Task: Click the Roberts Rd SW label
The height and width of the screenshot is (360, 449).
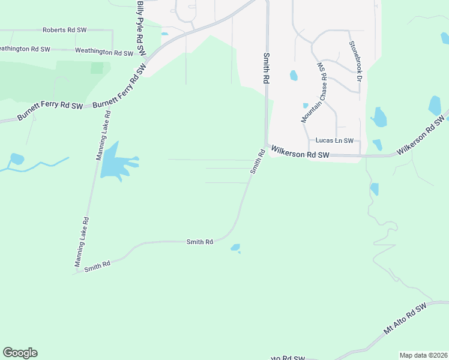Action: click(64, 29)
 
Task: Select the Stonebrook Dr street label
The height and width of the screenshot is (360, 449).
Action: click(356, 62)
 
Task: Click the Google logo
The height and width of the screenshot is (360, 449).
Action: click(20, 353)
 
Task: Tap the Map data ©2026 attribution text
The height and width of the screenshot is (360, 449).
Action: click(423, 355)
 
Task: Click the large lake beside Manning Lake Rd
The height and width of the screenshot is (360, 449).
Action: click(114, 163)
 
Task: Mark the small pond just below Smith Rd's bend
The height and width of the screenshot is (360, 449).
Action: click(235, 247)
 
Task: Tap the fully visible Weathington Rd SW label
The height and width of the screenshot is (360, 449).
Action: click(103, 53)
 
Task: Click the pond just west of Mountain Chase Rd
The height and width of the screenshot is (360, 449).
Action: click(294, 76)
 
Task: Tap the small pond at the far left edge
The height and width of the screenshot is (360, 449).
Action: click(17, 159)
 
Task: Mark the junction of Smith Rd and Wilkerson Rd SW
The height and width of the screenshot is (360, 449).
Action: click(266, 146)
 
